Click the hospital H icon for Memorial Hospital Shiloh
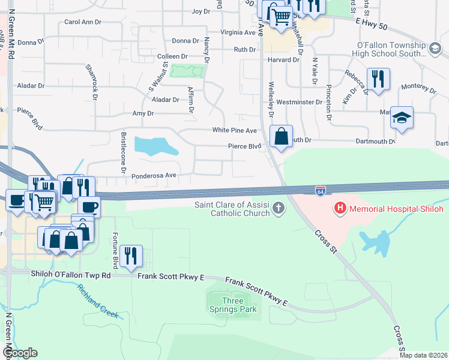click(340, 209)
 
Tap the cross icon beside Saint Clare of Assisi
click(277, 208)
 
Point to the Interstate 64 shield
click(321, 191)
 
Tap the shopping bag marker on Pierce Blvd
click(281, 136)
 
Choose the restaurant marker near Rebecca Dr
click(378, 79)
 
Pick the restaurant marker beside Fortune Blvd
click(130, 256)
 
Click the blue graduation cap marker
click(402, 118)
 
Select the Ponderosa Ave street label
click(154, 175)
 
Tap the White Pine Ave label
click(234, 130)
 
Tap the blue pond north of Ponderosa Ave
click(155, 146)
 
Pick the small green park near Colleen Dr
click(187, 71)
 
